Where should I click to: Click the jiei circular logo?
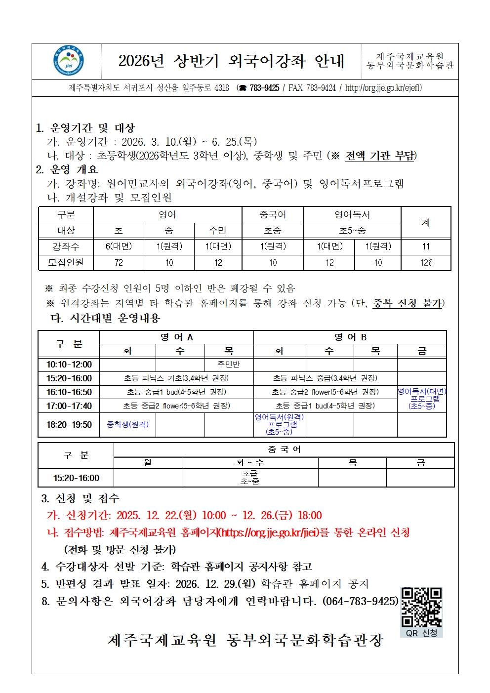[68, 61]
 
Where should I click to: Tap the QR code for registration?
[421, 607]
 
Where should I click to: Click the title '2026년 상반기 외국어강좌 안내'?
[231, 61]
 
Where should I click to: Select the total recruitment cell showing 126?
[426, 263]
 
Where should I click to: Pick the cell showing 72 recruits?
[119, 263]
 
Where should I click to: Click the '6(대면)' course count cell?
[119, 246]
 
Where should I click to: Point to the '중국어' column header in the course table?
[273, 215]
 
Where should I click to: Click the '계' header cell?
[426, 223]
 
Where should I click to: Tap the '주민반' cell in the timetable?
[229, 365]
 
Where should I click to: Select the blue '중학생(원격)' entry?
[127, 424]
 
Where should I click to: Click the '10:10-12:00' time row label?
[69, 365]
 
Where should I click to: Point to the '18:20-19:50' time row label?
[69, 425]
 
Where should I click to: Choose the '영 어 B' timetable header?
[350, 337]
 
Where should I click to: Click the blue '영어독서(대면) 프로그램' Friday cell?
[422, 399]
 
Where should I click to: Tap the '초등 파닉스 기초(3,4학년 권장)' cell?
[176, 378]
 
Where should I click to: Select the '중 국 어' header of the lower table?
[284, 449]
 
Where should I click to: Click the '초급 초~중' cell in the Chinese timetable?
[249, 478]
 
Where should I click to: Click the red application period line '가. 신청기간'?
[184, 516]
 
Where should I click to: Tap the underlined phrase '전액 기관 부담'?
[380, 156]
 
